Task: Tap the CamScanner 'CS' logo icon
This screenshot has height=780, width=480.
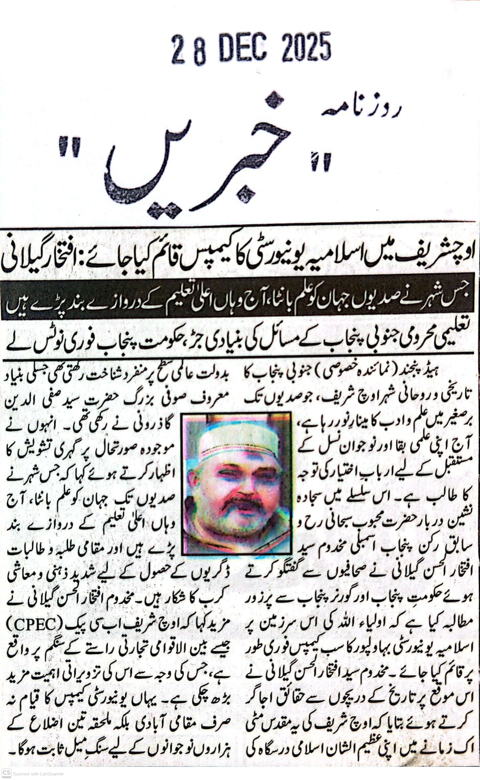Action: click(7, 773)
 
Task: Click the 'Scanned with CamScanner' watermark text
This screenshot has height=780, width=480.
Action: click(39, 773)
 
